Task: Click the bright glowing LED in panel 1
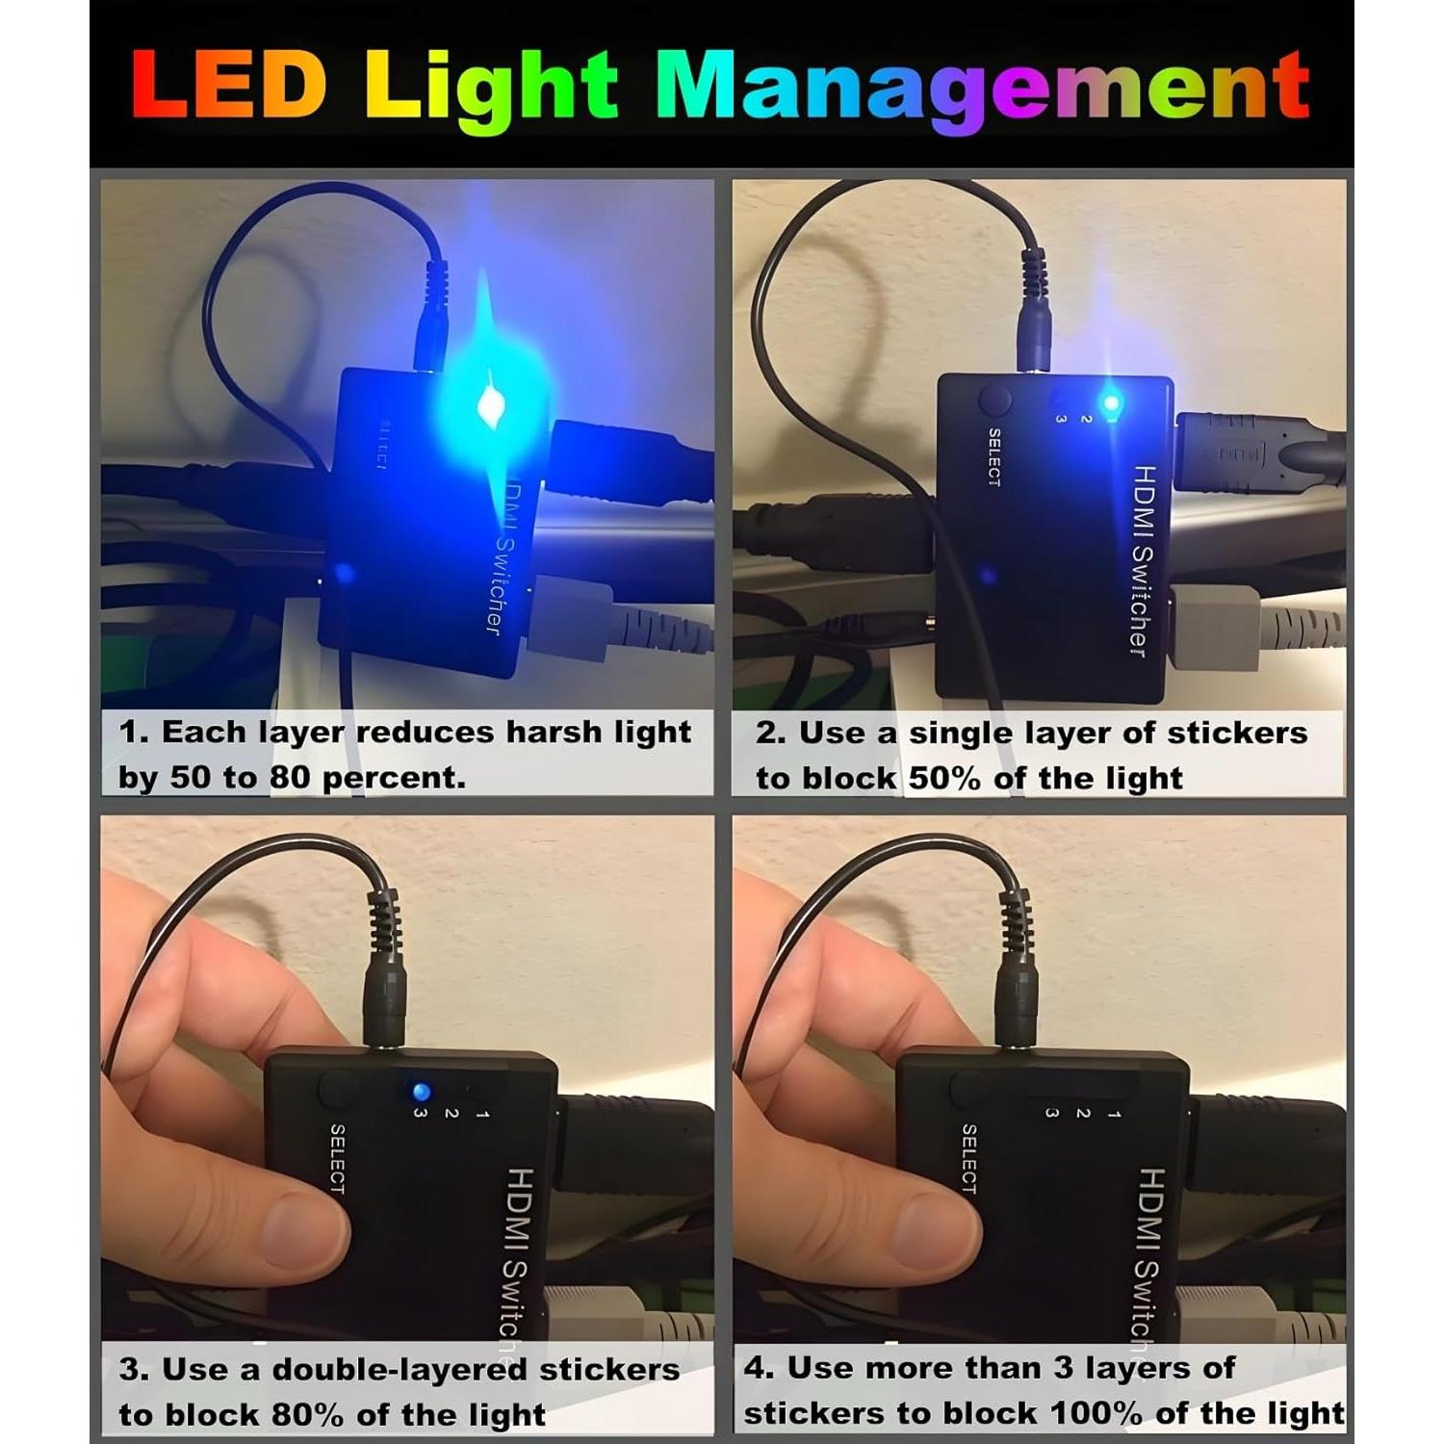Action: click(x=491, y=405)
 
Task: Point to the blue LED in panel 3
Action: click(x=421, y=1093)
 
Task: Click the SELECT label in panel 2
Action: click(x=994, y=457)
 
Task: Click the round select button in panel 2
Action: click(x=994, y=400)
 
